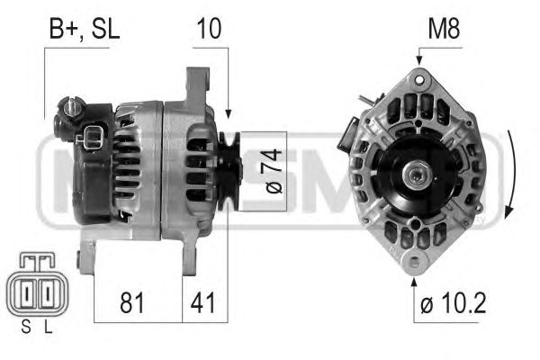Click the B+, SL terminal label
coord(84,30)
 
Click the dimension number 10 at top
coord(209,29)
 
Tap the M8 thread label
coord(444,29)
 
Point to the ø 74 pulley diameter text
coord(274,171)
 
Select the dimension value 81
coord(132,302)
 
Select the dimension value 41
coord(202,302)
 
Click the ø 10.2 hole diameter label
coord(454,302)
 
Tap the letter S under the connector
coord(26,327)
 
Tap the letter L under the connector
coord(49,327)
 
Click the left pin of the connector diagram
coord(27,293)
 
